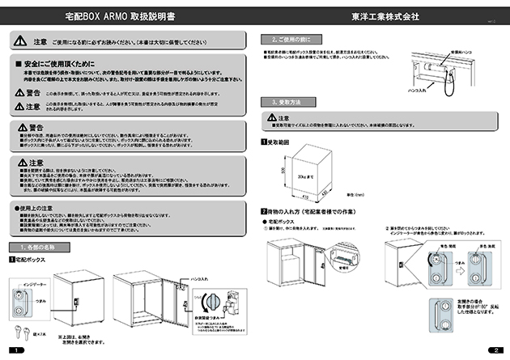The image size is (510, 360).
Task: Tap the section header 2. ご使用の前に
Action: coord(292,39)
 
